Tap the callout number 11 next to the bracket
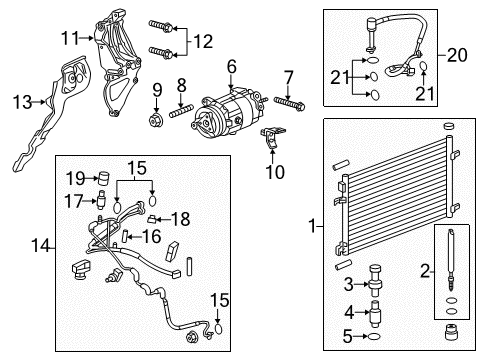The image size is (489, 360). click(x=68, y=38)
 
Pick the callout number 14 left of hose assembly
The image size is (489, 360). click(x=38, y=244)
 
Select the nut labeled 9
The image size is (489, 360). click(x=157, y=122)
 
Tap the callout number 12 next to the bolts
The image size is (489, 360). click(x=203, y=41)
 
